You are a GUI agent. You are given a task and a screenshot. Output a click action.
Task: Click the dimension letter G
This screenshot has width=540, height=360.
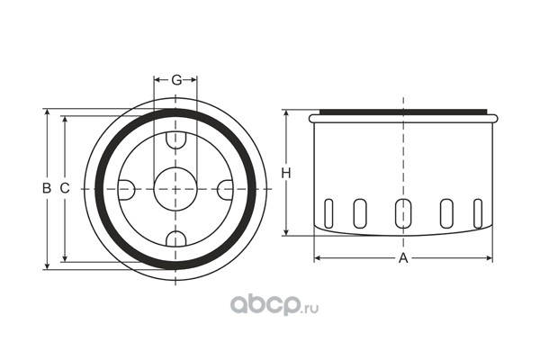pyautogui.click(x=176, y=80)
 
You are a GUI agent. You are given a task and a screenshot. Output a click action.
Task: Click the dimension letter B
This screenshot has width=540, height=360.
pyautogui.click(x=47, y=188)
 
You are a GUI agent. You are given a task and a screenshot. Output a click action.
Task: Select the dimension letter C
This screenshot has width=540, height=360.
pyautogui.click(x=65, y=188)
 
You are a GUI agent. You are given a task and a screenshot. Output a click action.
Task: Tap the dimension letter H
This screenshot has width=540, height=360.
pyautogui.click(x=286, y=174)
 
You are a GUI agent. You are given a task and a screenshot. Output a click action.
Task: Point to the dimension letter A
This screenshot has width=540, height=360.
pyautogui.click(x=403, y=258)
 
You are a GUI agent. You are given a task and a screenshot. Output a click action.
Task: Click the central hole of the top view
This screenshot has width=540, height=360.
pyautogui.click(x=175, y=189)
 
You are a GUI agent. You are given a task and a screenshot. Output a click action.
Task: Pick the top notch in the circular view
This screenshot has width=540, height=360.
pyautogui.click(x=176, y=140)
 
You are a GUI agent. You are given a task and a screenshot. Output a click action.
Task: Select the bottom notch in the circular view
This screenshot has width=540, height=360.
pyautogui.click(x=176, y=238)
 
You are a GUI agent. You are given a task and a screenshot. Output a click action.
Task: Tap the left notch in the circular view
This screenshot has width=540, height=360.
pyautogui.click(x=126, y=190)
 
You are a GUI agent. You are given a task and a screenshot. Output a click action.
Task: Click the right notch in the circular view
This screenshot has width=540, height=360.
pyautogui.click(x=225, y=190)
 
